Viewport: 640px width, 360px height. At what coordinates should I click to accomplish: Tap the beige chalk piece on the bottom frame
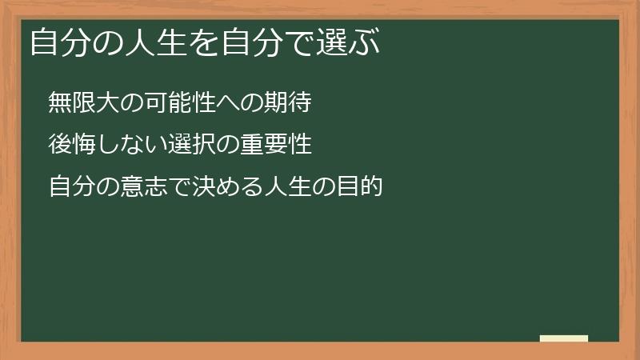point(564,338)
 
